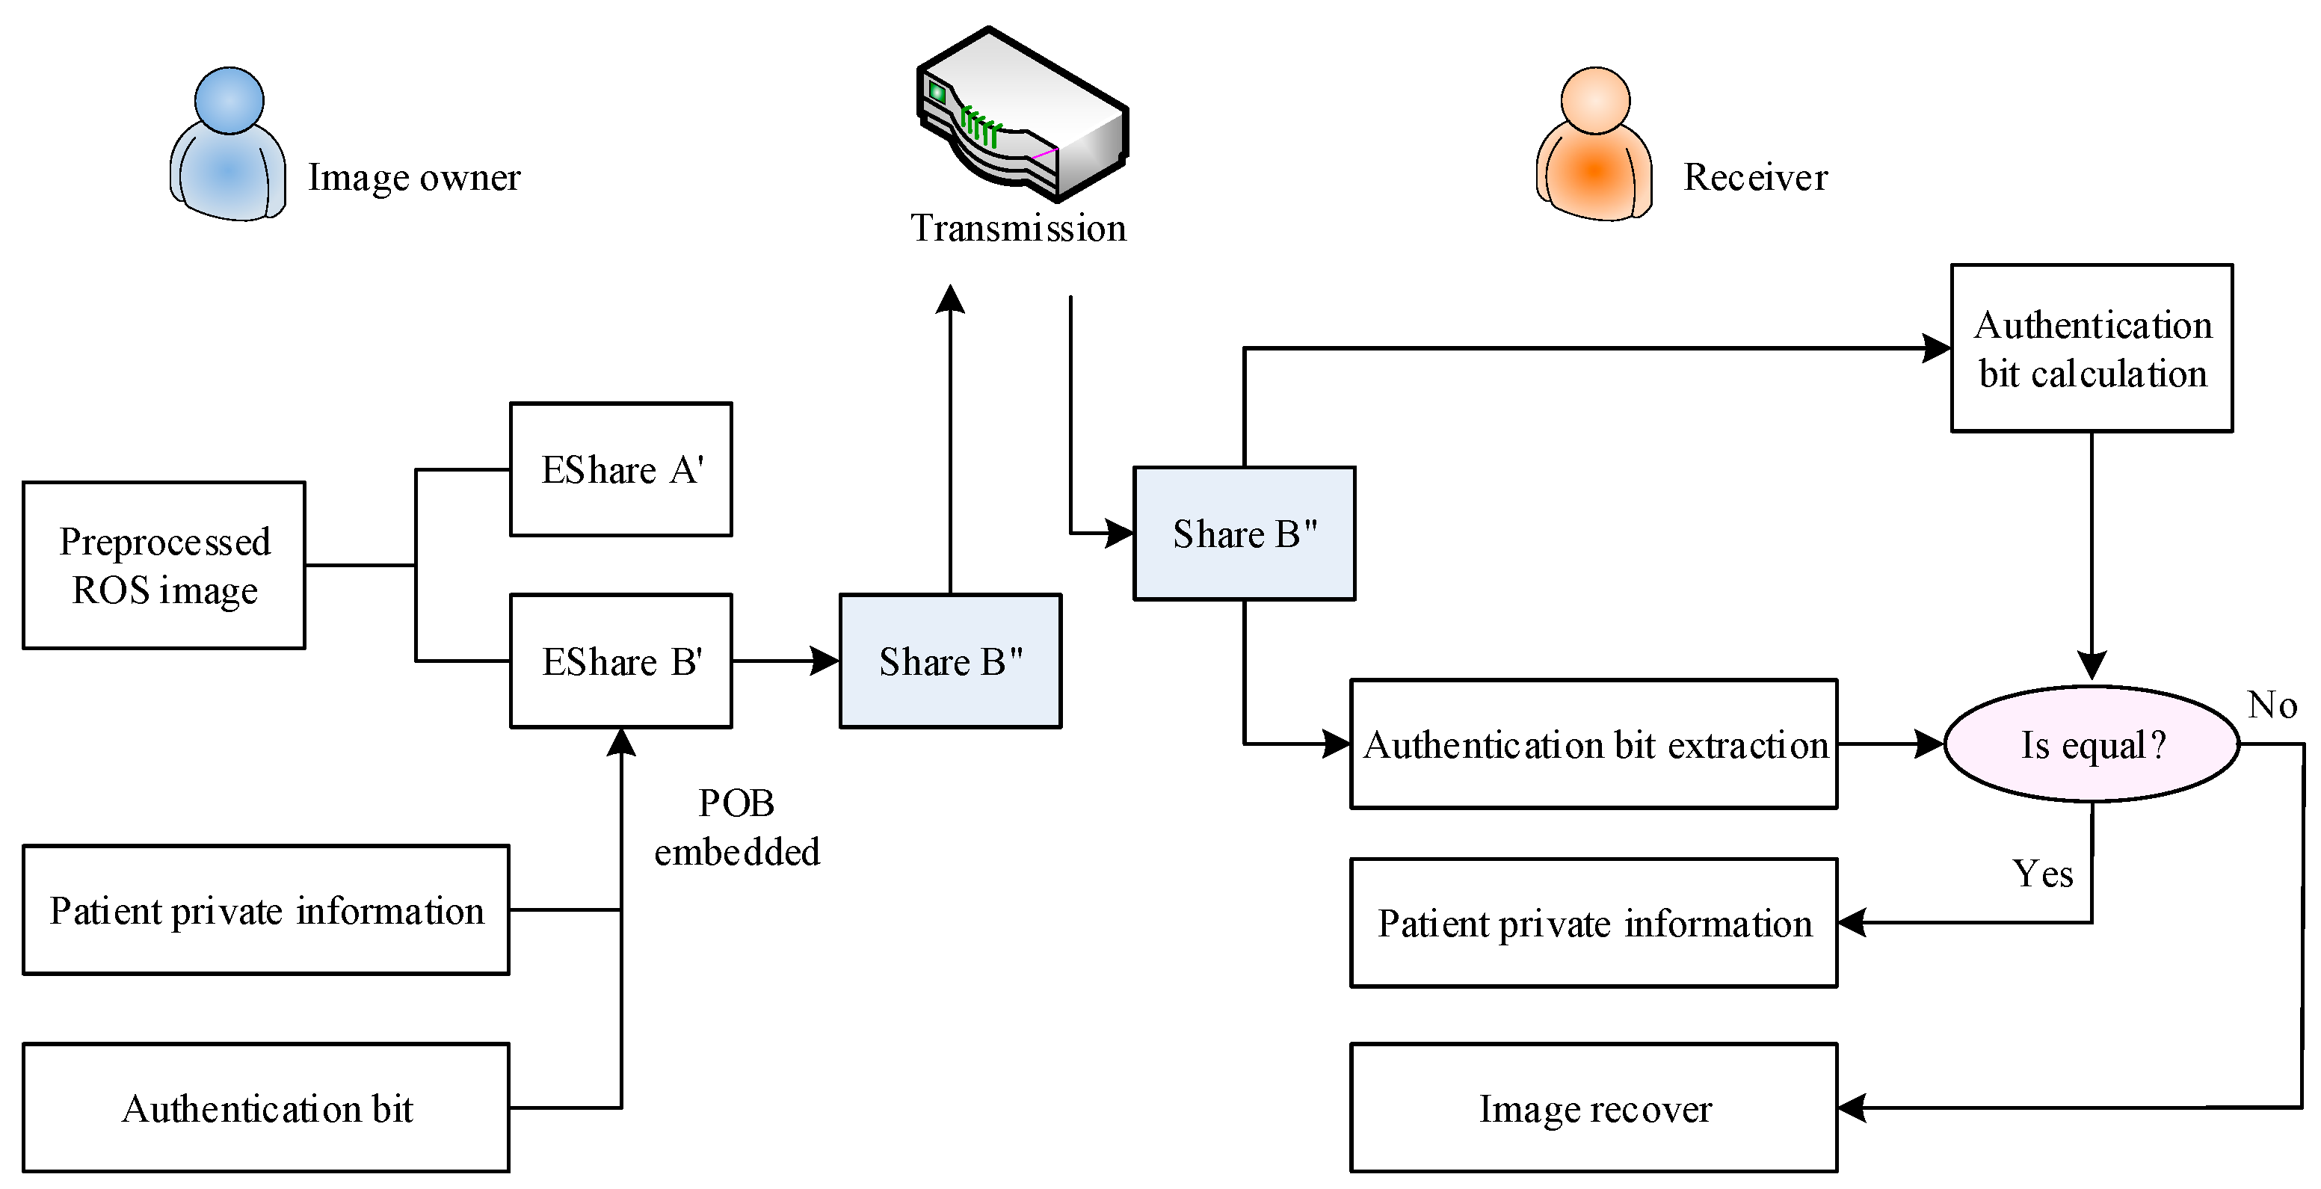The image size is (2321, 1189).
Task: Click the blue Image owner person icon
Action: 229,146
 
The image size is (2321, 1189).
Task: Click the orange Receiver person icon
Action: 1594,146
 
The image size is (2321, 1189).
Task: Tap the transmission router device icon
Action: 1022,115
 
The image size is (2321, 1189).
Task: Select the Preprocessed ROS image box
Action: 164,566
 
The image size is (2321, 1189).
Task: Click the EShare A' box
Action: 620,469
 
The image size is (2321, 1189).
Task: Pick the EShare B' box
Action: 620,661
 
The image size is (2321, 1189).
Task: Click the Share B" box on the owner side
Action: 951,661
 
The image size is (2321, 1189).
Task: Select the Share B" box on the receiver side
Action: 1245,534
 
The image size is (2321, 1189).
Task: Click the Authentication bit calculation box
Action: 2092,348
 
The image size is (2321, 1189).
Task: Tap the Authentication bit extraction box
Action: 1593,744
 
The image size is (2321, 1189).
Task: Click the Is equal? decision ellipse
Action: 2092,744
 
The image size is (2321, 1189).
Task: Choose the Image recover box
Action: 1593,1108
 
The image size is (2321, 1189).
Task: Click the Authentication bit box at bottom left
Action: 266,1108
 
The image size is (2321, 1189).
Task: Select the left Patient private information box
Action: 266,909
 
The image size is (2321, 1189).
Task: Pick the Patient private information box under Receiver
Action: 1593,922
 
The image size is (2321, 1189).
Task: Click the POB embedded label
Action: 736,827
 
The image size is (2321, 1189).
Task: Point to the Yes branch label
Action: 2043,874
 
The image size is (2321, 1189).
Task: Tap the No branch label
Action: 2272,705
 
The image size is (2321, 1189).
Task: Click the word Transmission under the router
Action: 1018,228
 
